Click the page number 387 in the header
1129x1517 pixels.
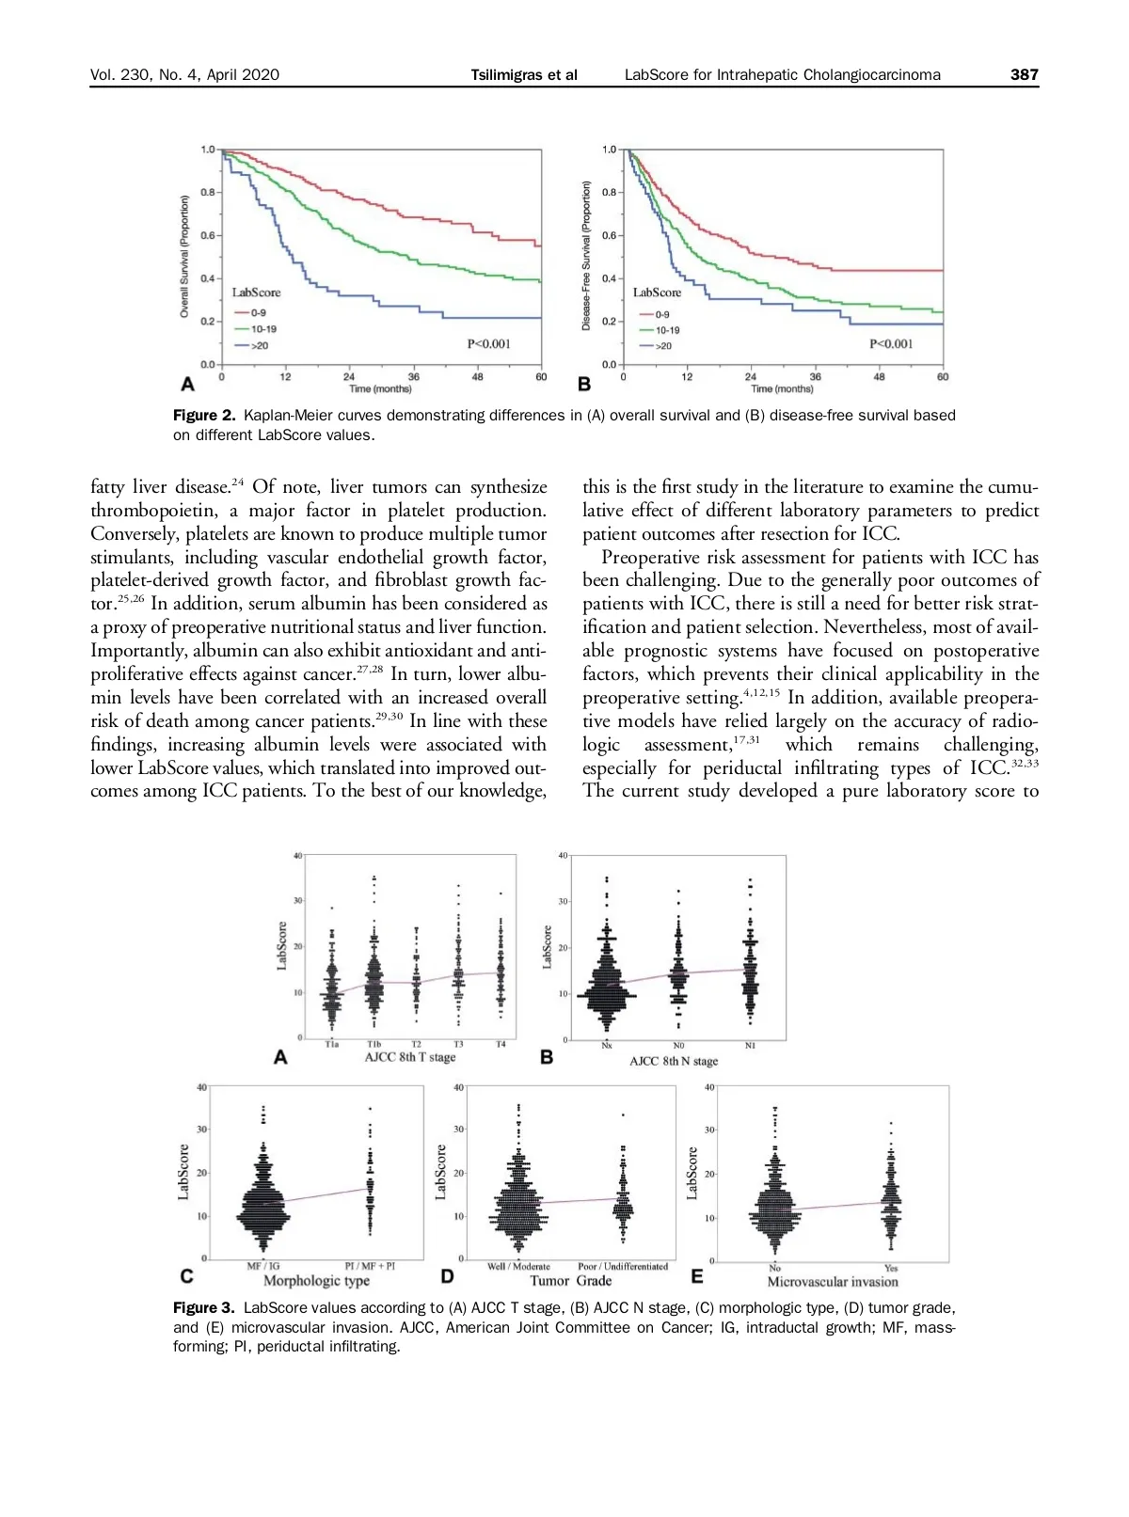click(1024, 75)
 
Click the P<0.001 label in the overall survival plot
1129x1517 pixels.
click(488, 344)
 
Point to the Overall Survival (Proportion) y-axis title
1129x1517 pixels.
click(184, 256)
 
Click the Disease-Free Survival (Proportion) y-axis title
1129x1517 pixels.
click(586, 256)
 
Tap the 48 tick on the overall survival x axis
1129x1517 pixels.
click(477, 377)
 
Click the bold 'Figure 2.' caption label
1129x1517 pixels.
click(205, 416)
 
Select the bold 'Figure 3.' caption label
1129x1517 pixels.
click(205, 1308)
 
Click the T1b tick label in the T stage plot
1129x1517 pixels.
click(374, 1045)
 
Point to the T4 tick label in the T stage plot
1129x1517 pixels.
click(501, 1045)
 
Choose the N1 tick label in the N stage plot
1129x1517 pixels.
click(750, 1046)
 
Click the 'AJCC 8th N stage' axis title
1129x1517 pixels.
click(674, 1061)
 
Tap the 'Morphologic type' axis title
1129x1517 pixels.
click(316, 1281)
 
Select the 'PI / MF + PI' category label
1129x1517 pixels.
click(370, 1266)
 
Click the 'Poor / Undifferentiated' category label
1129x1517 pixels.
click(622, 1266)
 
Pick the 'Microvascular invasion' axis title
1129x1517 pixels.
click(832, 1281)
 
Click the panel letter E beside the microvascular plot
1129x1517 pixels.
click(697, 1276)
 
